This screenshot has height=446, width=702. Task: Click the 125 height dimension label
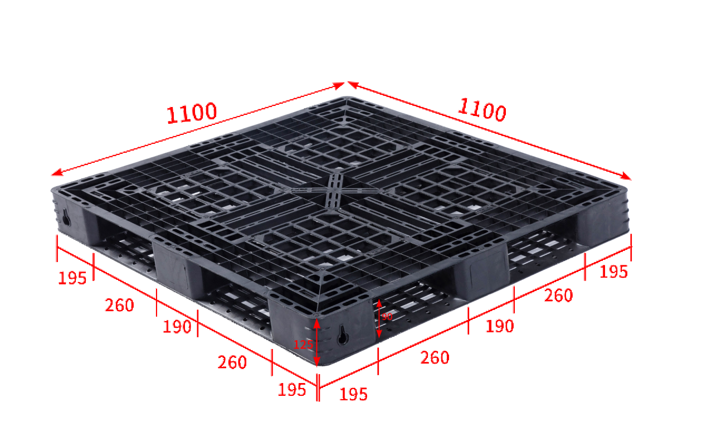303,345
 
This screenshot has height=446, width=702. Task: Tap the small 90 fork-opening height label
387,317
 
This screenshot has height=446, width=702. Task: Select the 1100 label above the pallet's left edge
192,113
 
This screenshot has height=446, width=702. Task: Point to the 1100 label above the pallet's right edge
482,110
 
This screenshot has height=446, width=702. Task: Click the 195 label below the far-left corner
72,278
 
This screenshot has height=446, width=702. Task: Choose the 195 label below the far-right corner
613,272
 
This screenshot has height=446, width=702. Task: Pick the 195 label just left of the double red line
292,390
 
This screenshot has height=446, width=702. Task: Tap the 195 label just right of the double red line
353,394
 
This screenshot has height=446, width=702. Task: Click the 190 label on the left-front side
177,327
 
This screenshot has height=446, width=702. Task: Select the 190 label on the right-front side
500,326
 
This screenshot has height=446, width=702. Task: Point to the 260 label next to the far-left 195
119,305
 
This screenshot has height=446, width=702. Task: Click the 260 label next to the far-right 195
558,295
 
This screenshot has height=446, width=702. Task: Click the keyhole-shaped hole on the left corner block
66,217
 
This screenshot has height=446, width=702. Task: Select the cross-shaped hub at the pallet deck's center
334,190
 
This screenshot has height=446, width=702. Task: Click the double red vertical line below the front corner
318,387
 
